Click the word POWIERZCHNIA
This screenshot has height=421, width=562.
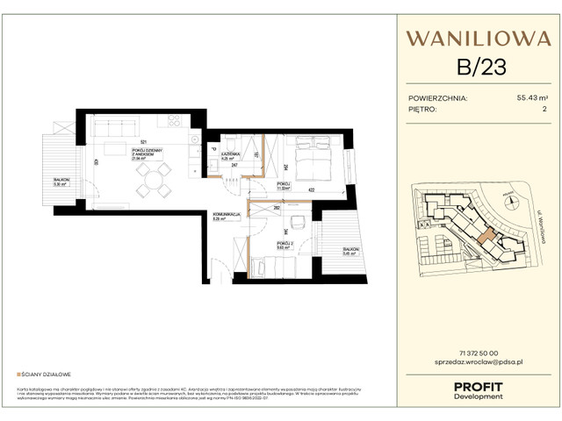pos(438,98)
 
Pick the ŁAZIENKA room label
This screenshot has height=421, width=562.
pos(231,153)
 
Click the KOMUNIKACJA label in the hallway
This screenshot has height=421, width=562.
pos(226,216)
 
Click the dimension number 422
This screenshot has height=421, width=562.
pos(311,189)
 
